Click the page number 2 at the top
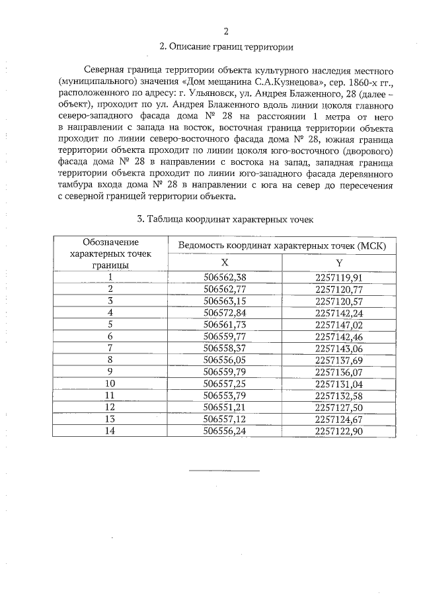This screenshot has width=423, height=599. [x=226, y=31]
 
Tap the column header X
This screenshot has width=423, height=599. [x=225, y=262]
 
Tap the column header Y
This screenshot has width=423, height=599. [x=339, y=262]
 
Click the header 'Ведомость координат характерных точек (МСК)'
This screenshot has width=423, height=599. [x=282, y=246]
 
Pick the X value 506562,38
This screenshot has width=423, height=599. [x=225, y=277]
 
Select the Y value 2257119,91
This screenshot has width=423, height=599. [x=339, y=277]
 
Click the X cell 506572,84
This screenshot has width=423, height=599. [x=225, y=312]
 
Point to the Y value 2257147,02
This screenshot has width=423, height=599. [x=339, y=324]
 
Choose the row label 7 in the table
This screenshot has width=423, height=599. [x=110, y=347]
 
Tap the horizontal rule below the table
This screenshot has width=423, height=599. [x=225, y=470]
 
